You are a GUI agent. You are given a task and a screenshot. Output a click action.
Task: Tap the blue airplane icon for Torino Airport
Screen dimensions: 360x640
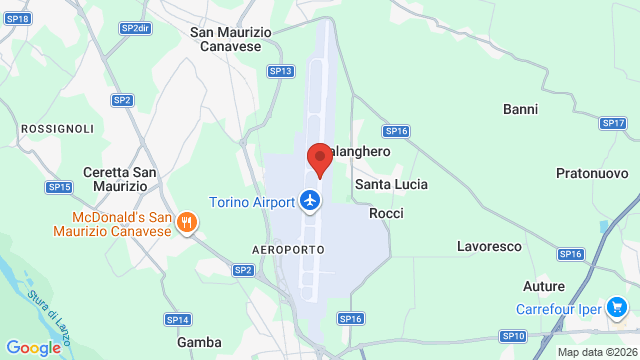click(311, 201)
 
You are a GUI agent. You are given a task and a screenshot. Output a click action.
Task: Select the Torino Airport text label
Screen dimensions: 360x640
click(251, 202)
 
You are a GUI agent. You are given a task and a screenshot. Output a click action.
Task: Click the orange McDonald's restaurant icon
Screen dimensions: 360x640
click(185, 225)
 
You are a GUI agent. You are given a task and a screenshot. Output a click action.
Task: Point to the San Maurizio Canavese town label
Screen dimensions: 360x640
click(231, 39)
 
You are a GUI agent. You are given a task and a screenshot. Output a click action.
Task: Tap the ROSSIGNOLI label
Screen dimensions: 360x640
click(57, 129)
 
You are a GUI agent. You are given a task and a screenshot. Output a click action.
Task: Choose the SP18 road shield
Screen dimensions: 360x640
click(17, 19)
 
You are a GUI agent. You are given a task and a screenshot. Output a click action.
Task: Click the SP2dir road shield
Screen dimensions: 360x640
click(135, 28)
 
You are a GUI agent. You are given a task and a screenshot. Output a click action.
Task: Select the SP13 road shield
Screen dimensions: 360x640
click(281, 71)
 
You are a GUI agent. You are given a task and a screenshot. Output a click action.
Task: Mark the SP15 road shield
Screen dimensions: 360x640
click(59, 187)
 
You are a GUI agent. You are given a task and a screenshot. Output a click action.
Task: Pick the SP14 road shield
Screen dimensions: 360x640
click(177, 319)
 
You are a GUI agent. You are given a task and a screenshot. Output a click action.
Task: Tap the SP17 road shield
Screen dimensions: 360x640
click(613, 123)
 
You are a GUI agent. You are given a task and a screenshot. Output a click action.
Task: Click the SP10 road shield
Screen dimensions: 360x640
click(513, 336)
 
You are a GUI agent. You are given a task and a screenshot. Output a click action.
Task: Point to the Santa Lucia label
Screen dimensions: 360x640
click(392, 185)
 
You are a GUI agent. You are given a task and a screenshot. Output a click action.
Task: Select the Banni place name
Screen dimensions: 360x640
click(521, 108)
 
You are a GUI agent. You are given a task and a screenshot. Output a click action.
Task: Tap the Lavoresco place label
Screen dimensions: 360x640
click(490, 246)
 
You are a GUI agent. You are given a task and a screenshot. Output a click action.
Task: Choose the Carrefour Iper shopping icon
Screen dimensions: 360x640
click(617, 309)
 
